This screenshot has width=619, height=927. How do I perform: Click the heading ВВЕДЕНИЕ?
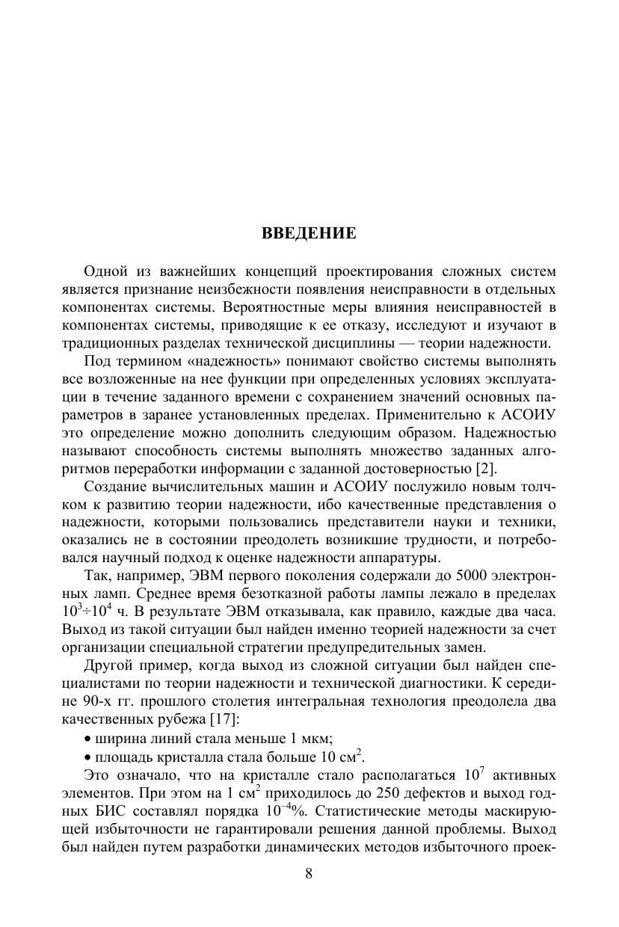coord(309,233)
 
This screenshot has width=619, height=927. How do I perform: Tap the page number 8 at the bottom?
coord(309,874)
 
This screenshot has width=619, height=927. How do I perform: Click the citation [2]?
coord(485,469)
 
